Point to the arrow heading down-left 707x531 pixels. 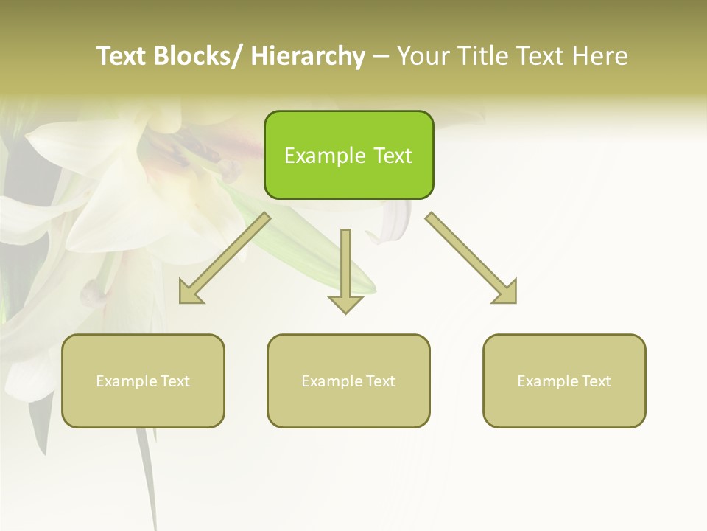[x=225, y=258]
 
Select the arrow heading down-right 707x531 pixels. [x=471, y=258]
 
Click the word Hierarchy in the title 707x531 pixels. [x=308, y=56]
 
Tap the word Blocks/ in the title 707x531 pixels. [x=197, y=56]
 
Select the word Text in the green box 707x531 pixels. [x=392, y=156]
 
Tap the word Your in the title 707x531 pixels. [x=423, y=56]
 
